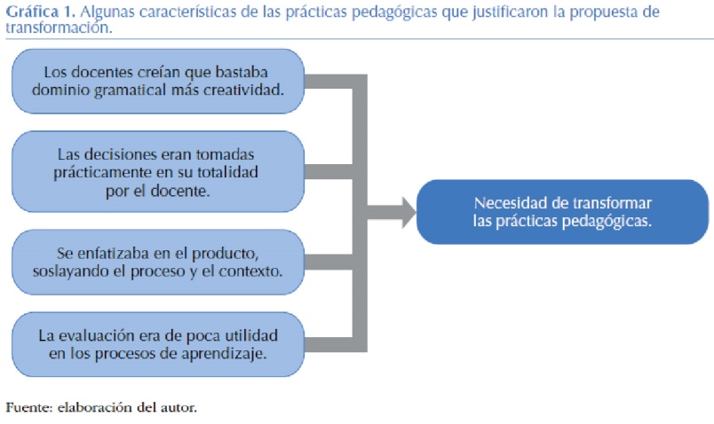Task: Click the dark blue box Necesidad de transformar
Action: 562,212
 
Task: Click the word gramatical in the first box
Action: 146,90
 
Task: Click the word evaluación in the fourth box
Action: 124,337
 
